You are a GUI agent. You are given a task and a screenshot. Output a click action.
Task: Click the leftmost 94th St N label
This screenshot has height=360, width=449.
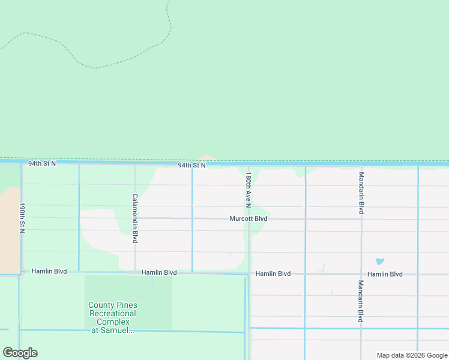click(x=41, y=163)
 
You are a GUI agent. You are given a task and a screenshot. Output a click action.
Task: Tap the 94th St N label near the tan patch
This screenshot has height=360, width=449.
click(x=191, y=165)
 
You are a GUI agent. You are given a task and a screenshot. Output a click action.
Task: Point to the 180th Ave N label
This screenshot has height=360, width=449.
click(x=248, y=190)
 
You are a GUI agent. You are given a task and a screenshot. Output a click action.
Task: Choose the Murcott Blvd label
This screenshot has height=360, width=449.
click(x=248, y=219)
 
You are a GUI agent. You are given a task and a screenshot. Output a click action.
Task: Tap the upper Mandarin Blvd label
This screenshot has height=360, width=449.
click(x=361, y=193)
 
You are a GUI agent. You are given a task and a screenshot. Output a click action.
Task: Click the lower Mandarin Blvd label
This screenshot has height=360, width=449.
click(x=361, y=301)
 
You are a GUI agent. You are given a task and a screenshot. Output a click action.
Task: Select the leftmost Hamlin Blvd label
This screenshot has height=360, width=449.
click(x=49, y=271)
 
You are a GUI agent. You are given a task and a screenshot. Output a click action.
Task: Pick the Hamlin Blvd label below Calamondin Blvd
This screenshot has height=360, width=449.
click(x=159, y=272)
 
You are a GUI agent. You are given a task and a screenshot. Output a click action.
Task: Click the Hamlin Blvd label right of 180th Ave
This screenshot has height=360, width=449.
click(x=273, y=274)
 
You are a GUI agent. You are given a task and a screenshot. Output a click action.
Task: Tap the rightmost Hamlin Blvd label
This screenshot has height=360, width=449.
click(x=385, y=274)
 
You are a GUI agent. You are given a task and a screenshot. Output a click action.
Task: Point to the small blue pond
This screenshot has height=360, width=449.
click(x=379, y=262)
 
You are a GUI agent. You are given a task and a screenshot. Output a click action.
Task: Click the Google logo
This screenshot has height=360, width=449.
click(x=20, y=353)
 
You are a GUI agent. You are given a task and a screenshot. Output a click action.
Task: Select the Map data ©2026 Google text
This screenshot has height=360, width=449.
click(x=412, y=355)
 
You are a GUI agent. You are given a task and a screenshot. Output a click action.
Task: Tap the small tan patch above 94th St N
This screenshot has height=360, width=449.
click(x=207, y=158)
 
